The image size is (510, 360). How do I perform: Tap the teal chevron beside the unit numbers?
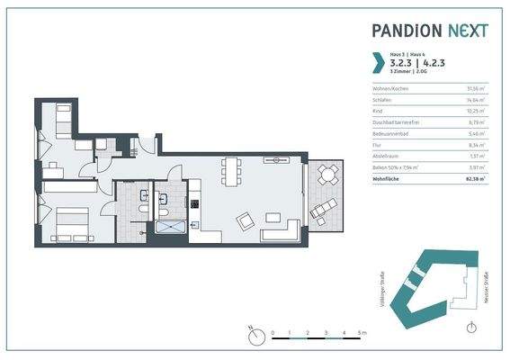click(379, 63)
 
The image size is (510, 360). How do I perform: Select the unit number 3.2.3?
click(402, 63)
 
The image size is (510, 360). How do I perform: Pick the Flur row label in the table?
click(378, 145)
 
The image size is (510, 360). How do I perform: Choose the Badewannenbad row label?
click(389, 133)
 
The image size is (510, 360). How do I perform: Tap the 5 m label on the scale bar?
click(362, 333)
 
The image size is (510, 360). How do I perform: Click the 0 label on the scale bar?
click(273, 333)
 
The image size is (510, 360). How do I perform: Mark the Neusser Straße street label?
click(487, 290)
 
